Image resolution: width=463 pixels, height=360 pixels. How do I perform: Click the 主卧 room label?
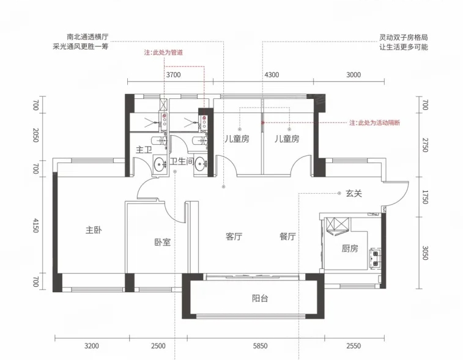(x=94, y=230)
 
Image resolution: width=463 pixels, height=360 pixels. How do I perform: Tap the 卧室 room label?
(x=163, y=242)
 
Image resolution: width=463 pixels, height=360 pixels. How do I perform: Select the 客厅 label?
(x=234, y=236)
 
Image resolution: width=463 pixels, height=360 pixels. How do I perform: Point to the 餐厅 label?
(x=287, y=236)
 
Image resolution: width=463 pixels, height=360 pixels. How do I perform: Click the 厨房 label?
(x=350, y=249)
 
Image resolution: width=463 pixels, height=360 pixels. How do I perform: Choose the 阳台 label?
(x=260, y=298)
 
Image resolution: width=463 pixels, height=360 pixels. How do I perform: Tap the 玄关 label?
(x=354, y=193)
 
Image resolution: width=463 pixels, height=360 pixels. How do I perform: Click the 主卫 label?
(x=144, y=150)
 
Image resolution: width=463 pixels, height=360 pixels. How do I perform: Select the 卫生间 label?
(x=182, y=161)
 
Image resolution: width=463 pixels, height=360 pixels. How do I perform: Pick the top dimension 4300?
(x=272, y=75)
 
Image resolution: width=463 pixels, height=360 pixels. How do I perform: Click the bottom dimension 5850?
(x=260, y=345)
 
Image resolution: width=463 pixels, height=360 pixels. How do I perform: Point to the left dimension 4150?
(x=35, y=226)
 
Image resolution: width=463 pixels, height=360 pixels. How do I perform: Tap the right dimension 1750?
(x=425, y=197)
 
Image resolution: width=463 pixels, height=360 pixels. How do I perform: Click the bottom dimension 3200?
(x=92, y=345)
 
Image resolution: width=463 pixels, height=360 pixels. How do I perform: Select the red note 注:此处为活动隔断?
(x=374, y=123)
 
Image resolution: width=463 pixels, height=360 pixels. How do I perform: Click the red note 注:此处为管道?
(x=163, y=53)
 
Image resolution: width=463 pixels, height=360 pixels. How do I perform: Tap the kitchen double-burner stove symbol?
(x=375, y=258)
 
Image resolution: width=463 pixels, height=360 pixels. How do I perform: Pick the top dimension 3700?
(x=173, y=75)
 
